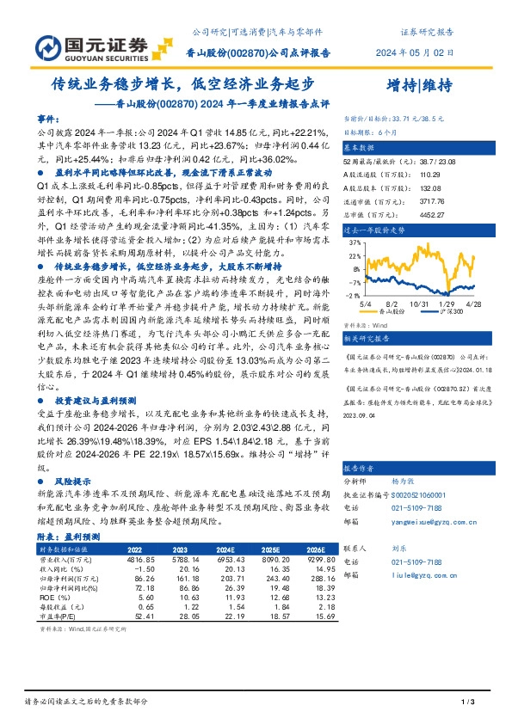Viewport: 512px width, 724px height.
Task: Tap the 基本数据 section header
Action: tap(361, 148)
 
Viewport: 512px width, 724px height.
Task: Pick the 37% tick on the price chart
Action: tap(354, 243)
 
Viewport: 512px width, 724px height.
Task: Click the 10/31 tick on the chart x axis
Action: tap(420, 304)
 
